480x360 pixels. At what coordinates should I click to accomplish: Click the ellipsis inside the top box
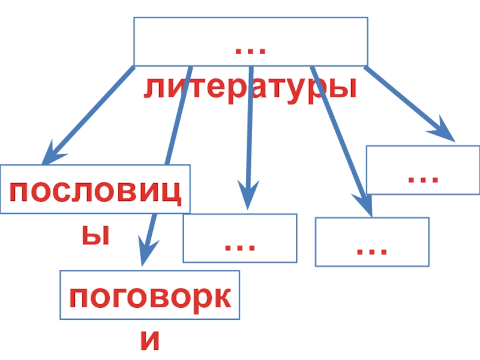(x=251, y=50)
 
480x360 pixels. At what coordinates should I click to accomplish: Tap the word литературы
(x=250, y=88)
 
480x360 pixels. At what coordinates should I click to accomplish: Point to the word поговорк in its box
(x=150, y=298)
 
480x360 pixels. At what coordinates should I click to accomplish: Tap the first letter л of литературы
(x=154, y=89)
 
